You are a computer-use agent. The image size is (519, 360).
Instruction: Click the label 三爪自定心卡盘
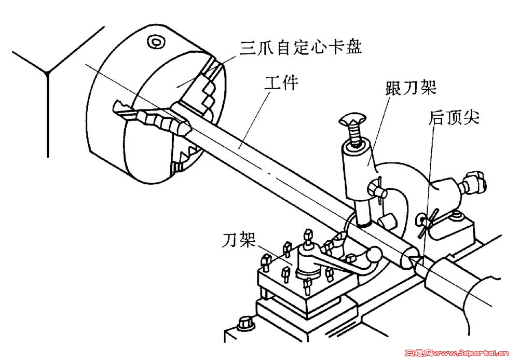[x=301, y=47]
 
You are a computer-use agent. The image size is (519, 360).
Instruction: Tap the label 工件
[x=281, y=82]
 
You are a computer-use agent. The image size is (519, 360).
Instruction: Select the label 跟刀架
[x=411, y=88]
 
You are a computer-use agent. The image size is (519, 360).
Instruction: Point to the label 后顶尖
[x=454, y=117]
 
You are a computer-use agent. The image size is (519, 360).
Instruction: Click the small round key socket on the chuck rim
[x=155, y=42]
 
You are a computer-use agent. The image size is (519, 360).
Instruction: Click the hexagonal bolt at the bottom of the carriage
[x=245, y=323]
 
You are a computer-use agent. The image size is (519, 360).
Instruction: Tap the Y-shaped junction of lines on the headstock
[x=48, y=73]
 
